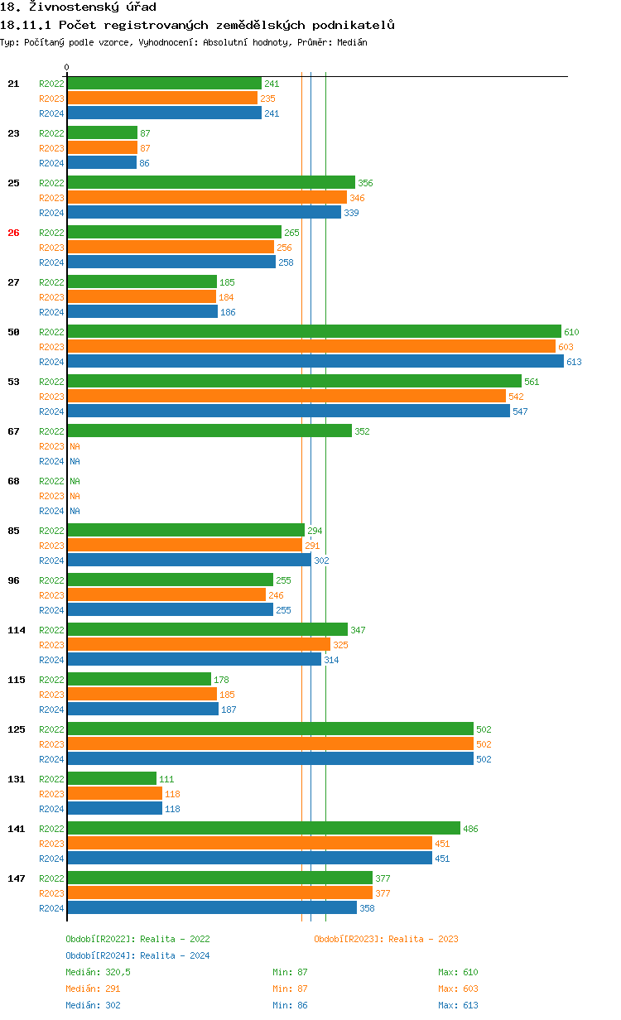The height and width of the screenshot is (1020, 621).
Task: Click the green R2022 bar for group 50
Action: [x=314, y=332]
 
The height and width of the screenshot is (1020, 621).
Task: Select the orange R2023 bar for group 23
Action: [x=102, y=148]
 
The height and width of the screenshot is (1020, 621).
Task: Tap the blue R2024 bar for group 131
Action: [x=114, y=809]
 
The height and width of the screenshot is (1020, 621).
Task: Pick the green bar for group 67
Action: [x=209, y=431]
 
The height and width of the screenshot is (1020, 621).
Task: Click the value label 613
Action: [x=574, y=362]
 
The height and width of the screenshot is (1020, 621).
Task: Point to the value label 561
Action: [x=532, y=382]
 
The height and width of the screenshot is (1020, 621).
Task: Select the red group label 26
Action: [x=13, y=233]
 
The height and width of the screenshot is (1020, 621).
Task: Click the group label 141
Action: [x=17, y=829]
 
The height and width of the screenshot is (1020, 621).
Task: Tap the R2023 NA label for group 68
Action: [x=75, y=496]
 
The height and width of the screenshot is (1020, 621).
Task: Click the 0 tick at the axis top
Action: [x=67, y=67]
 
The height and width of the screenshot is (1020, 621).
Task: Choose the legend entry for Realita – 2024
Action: [x=137, y=955]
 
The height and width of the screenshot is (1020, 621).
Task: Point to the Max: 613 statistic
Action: [x=458, y=1005]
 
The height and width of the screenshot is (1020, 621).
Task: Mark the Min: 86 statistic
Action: [x=290, y=1005]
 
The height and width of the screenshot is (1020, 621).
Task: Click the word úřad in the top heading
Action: [x=137, y=7]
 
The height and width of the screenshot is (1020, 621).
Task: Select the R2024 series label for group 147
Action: [x=51, y=908]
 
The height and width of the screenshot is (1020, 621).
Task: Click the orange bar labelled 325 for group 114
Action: [x=199, y=645]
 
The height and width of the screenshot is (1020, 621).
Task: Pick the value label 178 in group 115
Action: [x=221, y=680]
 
